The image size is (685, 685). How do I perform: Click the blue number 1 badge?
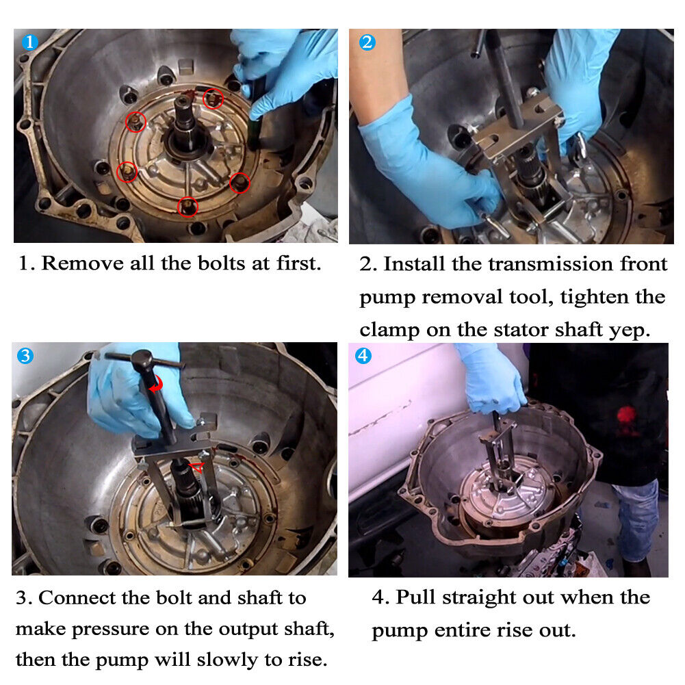[x=29, y=42]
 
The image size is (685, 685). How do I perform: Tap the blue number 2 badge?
[x=367, y=42]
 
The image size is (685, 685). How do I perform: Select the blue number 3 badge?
[x=25, y=356]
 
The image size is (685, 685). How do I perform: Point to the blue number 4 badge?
[x=363, y=356]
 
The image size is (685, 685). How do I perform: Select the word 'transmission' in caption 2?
[x=550, y=264]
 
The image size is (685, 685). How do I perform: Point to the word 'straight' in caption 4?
[x=479, y=598]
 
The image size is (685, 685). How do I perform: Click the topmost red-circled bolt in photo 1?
[x=214, y=99]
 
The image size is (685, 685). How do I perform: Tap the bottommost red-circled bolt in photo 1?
[x=188, y=206]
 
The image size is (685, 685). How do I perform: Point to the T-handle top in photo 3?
[x=143, y=359]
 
